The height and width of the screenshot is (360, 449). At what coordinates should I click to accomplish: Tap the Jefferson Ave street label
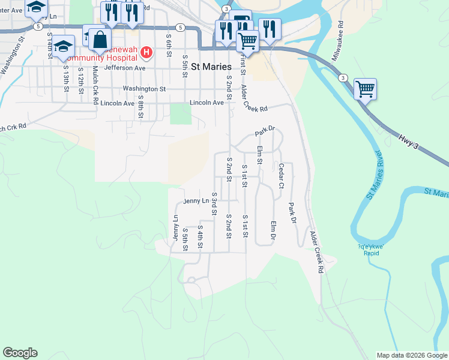[125, 68]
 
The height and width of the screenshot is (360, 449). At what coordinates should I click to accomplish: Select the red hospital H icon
[146, 53]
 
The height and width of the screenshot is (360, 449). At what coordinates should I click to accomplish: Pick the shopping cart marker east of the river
[365, 89]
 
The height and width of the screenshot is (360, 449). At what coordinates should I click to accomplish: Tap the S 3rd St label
[213, 203]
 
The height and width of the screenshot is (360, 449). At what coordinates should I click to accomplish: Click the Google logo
[20, 353]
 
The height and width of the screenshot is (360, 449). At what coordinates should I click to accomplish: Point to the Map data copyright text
[411, 355]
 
